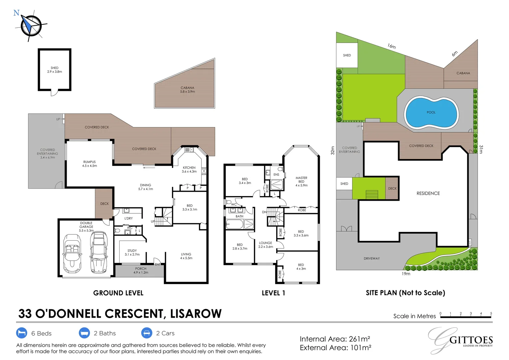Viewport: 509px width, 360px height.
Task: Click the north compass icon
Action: (x=31, y=25)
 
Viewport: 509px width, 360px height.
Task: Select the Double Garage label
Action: (x=86, y=227)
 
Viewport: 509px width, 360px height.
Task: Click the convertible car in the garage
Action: (x=72, y=253)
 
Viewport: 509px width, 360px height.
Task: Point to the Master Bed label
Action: (x=301, y=181)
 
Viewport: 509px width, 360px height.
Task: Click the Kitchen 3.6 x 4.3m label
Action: (x=189, y=169)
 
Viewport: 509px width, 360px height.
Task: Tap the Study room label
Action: (x=132, y=252)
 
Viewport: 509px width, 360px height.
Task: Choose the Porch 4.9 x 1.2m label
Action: (x=141, y=270)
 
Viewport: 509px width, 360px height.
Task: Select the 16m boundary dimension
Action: (x=391, y=46)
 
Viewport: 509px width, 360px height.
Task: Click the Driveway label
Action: (x=371, y=258)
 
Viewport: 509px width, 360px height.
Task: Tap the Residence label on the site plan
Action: (x=428, y=193)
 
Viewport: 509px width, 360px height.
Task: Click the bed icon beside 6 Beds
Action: (x=22, y=333)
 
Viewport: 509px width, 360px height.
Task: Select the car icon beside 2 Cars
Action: (x=147, y=333)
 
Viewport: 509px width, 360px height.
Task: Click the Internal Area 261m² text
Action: (x=335, y=339)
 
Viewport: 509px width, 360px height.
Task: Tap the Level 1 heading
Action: (x=273, y=293)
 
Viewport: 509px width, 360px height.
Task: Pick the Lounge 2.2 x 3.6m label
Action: (x=265, y=245)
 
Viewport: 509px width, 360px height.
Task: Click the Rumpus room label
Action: (x=90, y=164)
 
